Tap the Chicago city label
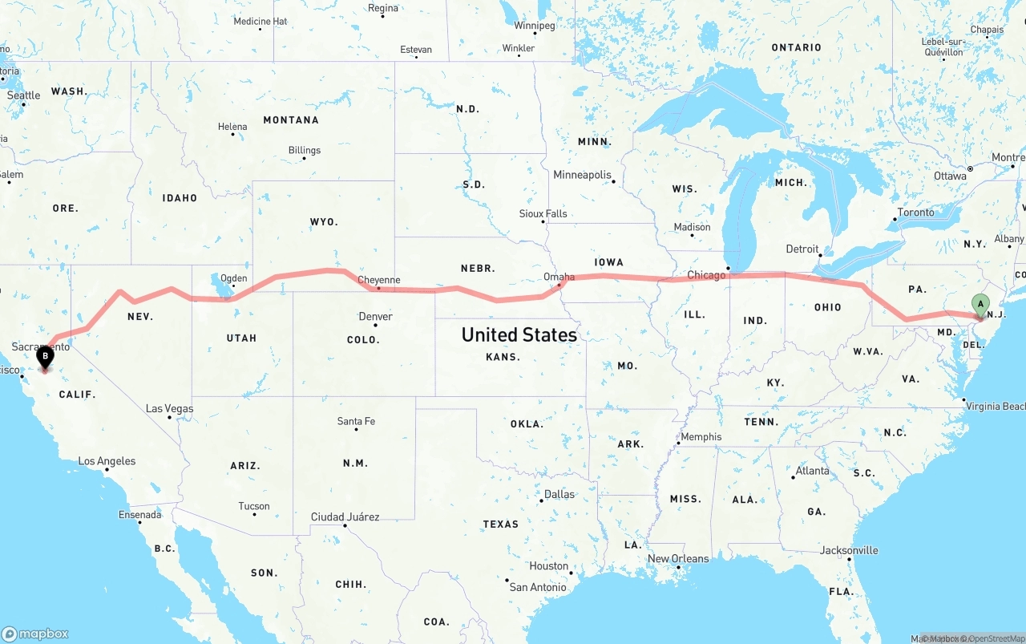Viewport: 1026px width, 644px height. click(x=705, y=275)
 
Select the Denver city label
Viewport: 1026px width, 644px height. click(x=375, y=316)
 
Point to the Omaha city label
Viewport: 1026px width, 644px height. click(x=559, y=277)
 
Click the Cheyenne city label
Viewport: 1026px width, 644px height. click(x=378, y=280)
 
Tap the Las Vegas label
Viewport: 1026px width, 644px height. click(x=169, y=408)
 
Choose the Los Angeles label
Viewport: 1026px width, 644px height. click(x=107, y=461)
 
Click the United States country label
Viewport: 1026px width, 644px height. click(x=519, y=334)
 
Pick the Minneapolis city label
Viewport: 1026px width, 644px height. click(x=582, y=175)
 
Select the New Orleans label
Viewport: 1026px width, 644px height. click(x=678, y=558)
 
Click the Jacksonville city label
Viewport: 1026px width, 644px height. click(x=849, y=550)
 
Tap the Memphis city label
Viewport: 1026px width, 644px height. click(x=701, y=437)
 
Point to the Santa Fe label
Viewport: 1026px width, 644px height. click(x=356, y=421)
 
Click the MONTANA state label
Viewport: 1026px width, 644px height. click(x=291, y=120)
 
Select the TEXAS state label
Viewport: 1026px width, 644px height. click(x=500, y=525)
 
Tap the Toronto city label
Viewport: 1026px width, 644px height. click(x=915, y=213)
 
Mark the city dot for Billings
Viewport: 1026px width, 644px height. click(x=304, y=158)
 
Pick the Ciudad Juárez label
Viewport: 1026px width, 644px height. click(x=345, y=516)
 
